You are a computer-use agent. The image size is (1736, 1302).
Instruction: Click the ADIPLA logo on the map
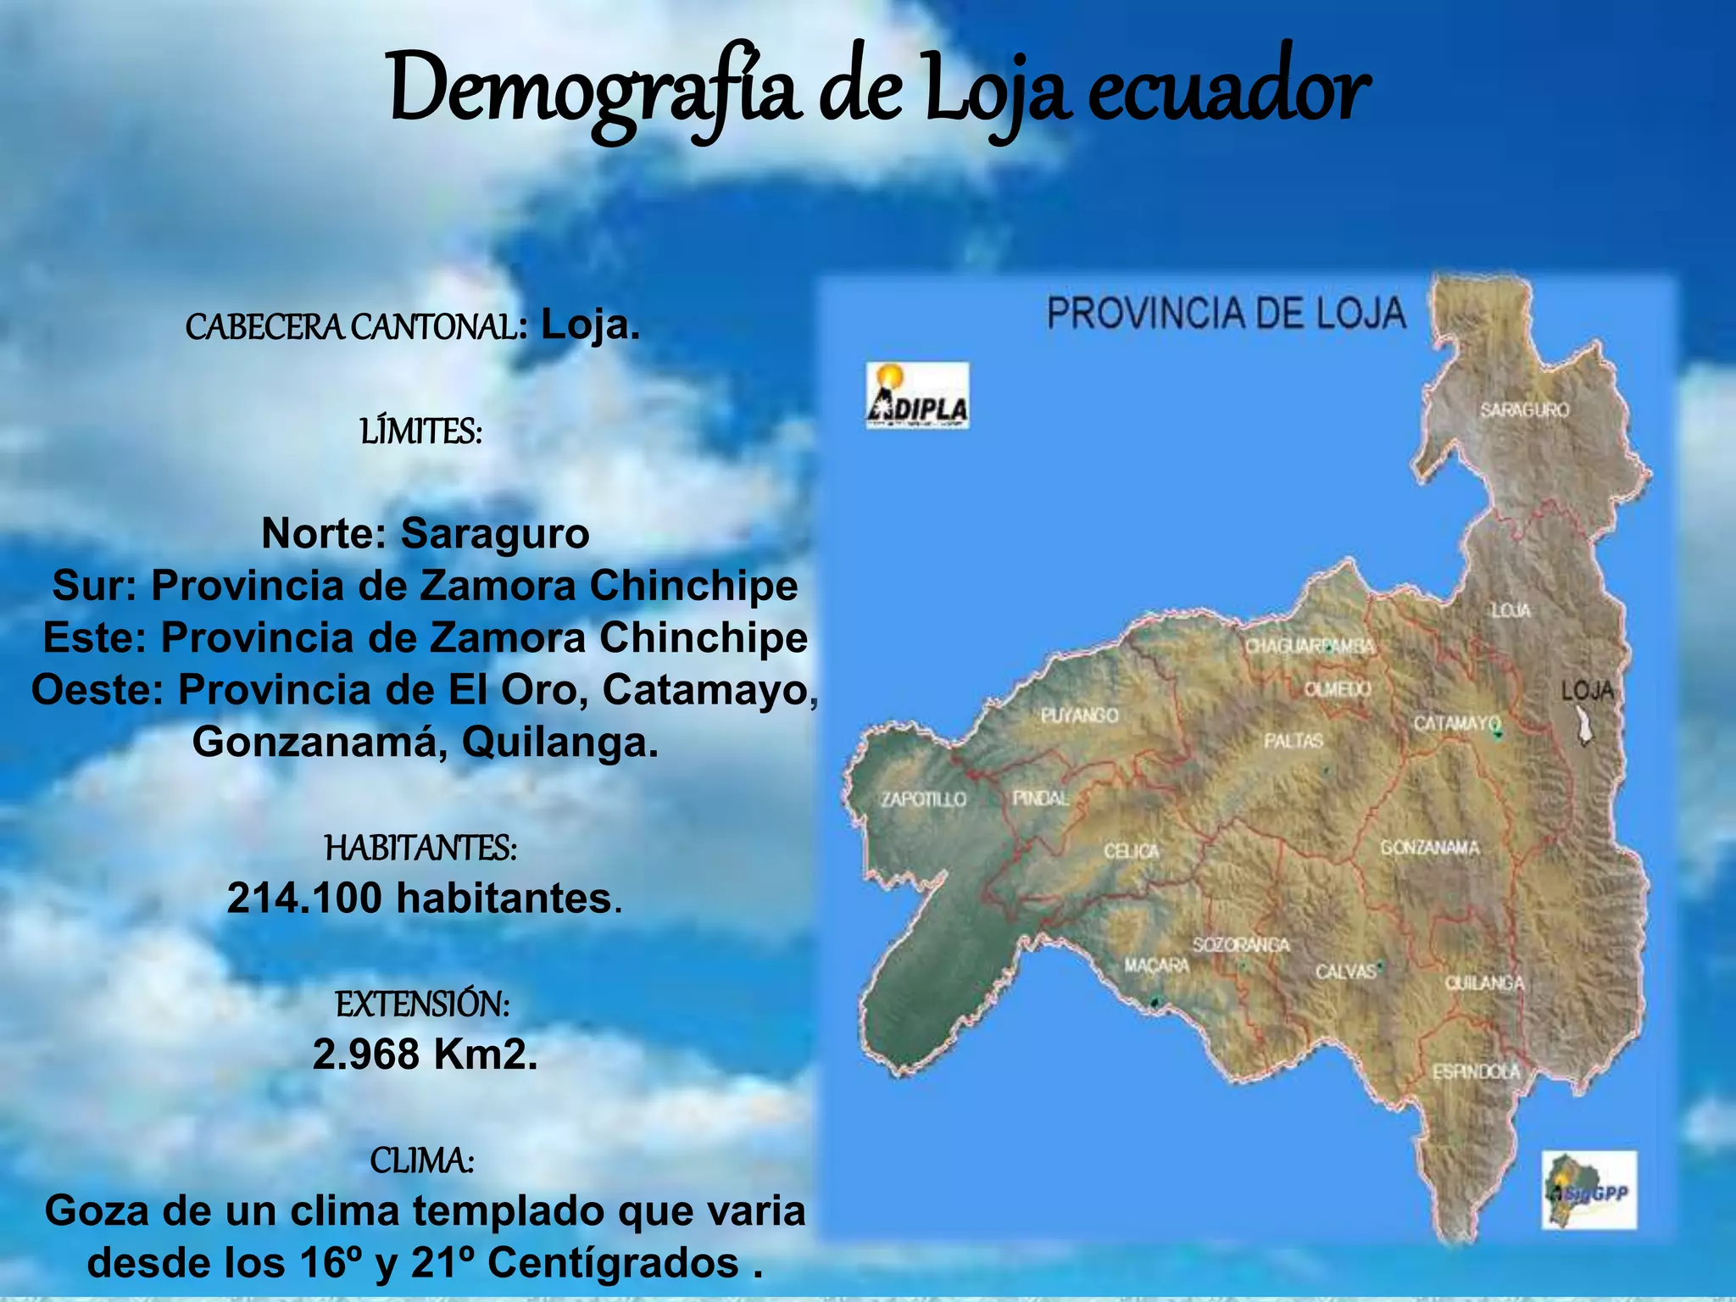917,396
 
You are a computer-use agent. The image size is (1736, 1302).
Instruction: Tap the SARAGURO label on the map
1524,410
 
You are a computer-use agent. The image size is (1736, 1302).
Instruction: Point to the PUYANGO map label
1079,715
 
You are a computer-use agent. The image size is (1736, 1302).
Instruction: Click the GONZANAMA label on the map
1429,848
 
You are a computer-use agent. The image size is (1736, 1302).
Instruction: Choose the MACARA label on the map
1156,965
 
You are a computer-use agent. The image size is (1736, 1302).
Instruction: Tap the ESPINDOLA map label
1476,1072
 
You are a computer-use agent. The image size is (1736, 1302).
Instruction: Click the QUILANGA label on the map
1484,983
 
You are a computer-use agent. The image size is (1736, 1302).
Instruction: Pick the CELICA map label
1131,850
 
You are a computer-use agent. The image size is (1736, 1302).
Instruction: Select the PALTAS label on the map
1294,741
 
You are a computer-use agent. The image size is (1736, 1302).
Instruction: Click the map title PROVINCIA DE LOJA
1226,314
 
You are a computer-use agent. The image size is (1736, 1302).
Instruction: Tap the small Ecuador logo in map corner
1589,1189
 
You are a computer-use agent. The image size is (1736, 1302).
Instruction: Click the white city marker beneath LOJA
1583,726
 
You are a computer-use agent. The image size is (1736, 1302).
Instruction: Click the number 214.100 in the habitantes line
304,899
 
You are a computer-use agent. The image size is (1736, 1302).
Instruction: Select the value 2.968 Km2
425,1054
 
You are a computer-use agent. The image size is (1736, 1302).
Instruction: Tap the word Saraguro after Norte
494,534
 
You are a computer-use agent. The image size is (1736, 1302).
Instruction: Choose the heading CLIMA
421,1160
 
